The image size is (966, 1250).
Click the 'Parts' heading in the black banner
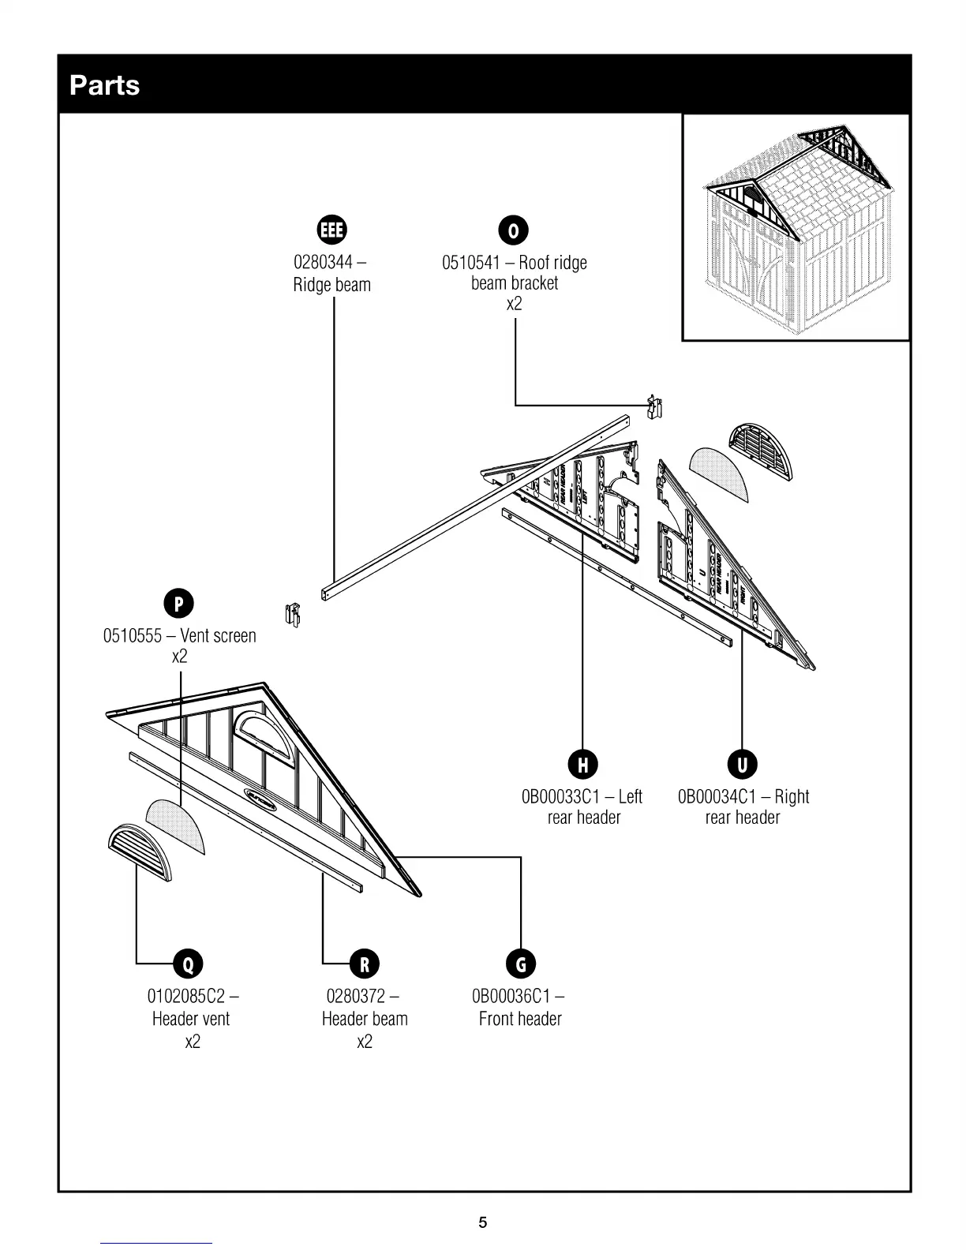[104, 85]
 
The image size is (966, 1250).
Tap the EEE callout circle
[331, 230]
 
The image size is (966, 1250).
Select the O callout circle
[514, 230]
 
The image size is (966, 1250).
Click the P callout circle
[179, 604]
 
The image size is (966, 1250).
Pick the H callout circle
[582, 764]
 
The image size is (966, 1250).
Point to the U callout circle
[742, 764]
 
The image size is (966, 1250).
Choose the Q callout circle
[188, 964]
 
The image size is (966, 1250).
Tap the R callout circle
[364, 964]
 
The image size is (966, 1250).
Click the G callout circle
[521, 964]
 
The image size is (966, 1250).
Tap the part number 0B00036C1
[511, 996]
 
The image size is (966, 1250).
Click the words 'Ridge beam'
[331, 285]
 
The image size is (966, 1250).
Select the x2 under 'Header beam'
[364, 1042]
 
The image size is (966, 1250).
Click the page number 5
[483, 1222]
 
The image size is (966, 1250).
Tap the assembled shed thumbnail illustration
[796, 227]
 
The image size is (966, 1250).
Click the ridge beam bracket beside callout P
[293, 615]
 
